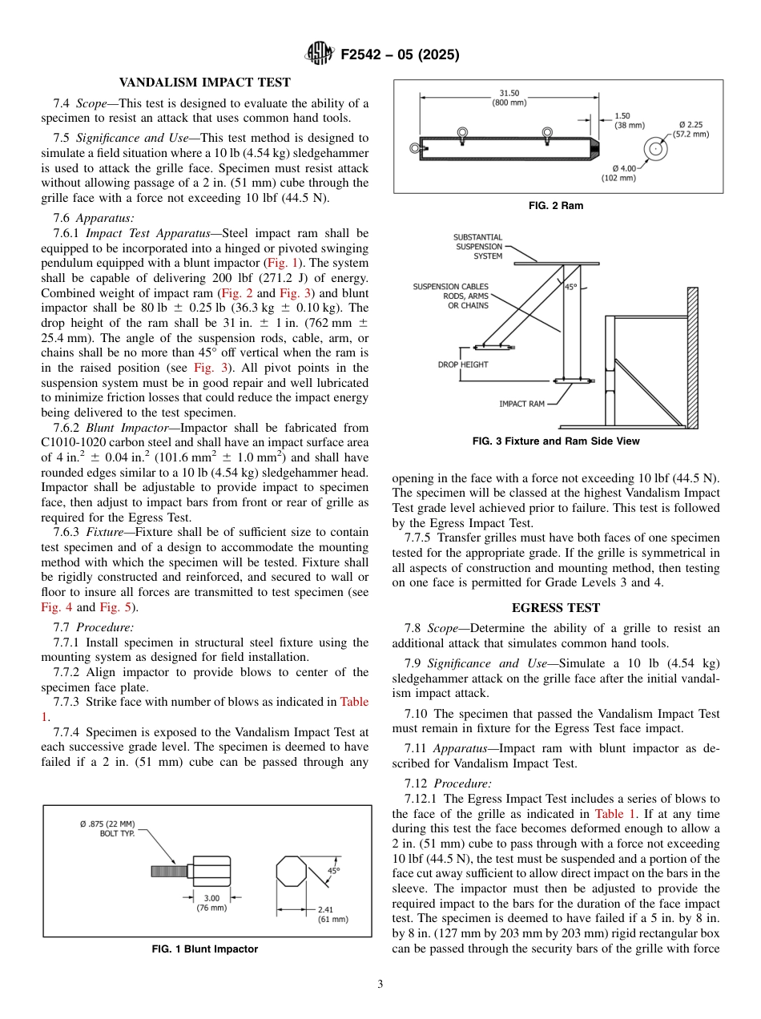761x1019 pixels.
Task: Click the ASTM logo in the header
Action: (x=320, y=54)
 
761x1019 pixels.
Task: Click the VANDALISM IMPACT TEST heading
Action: (x=204, y=82)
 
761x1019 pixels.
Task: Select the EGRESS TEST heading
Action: (x=556, y=608)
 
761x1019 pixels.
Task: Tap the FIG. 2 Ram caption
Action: (x=556, y=206)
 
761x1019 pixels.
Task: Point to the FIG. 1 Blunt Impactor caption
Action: (x=205, y=949)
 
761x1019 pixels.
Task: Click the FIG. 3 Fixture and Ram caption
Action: (x=556, y=441)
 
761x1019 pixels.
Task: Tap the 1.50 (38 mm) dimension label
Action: (x=629, y=120)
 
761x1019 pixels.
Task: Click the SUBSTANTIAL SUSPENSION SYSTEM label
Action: (x=478, y=247)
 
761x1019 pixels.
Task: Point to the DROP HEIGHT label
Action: (x=462, y=365)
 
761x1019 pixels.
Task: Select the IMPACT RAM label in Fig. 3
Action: (x=521, y=404)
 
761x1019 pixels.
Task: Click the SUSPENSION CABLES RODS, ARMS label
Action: (x=450, y=296)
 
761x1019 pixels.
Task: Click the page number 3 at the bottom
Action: (x=380, y=985)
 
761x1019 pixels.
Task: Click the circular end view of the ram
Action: (x=656, y=149)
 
